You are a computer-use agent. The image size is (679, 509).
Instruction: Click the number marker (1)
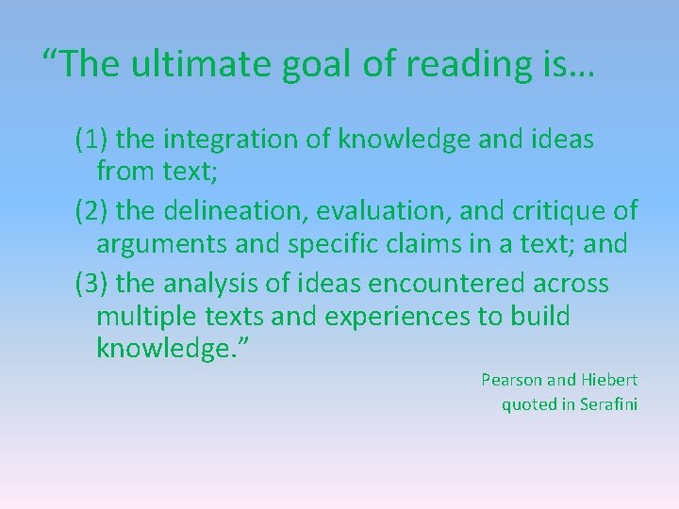coord(93,140)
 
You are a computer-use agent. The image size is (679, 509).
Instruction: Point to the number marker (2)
coord(93,210)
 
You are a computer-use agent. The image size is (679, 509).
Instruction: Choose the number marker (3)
coord(93,283)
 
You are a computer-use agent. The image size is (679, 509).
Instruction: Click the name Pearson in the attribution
coord(511,380)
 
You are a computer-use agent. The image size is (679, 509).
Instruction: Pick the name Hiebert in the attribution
coord(609,380)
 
